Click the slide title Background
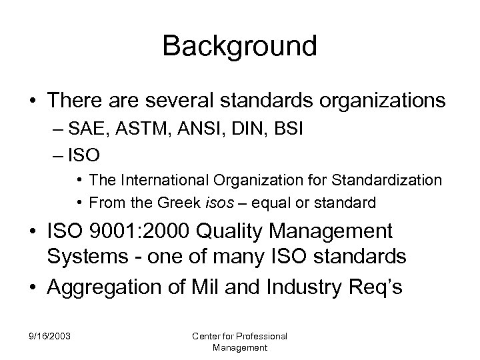click(239, 47)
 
